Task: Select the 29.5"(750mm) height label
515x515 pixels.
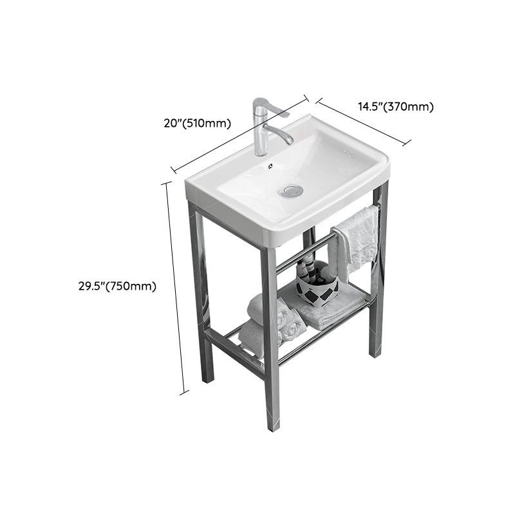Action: tap(113, 286)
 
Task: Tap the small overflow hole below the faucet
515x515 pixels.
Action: tap(271, 165)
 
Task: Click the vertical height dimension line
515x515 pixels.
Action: tap(177, 286)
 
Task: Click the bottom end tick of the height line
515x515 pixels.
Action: tap(185, 392)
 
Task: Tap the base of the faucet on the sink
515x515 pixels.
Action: tap(261, 152)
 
